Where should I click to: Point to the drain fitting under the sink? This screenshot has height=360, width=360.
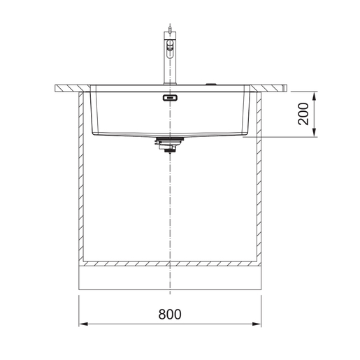click(x=168, y=145)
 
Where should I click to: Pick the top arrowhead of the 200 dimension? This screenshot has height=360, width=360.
click(x=317, y=94)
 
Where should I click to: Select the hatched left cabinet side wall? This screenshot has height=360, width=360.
click(x=80, y=175)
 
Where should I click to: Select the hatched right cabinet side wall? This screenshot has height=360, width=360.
click(x=257, y=175)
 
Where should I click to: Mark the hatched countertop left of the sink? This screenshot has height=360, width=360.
click(x=70, y=88)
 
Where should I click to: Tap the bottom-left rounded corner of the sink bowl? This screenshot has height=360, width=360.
click(x=95, y=131)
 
